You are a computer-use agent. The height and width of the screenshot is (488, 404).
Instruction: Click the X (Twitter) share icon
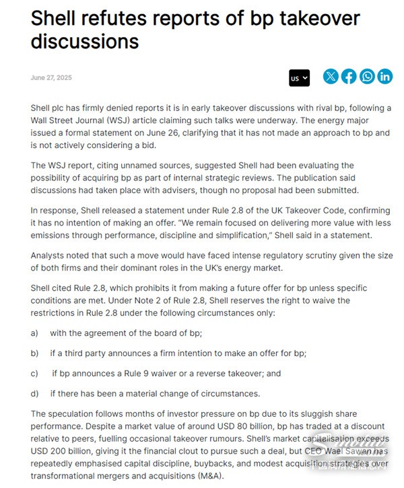coord(331,77)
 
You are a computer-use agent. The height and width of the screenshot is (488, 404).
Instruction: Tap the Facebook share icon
coord(349,77)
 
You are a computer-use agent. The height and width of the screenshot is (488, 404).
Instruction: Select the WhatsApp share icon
coord(367,77)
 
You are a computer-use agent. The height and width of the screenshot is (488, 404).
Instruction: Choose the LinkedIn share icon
coord(385,77)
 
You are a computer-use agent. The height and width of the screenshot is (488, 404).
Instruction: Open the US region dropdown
coord(300,78)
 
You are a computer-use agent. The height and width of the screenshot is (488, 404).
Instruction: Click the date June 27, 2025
coord(51,77)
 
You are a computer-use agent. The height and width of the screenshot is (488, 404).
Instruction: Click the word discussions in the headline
coord(85,41)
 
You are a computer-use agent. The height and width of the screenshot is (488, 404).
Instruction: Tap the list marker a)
coord(34,333)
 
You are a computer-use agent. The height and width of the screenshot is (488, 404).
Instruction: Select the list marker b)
coord(34,353)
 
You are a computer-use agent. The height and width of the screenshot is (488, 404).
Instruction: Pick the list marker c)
coord(34,373)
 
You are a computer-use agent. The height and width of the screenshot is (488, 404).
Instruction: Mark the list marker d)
coord(34,393)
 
